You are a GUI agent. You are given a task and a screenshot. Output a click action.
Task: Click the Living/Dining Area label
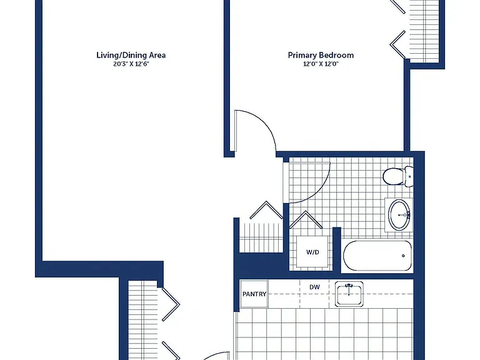[131, 56]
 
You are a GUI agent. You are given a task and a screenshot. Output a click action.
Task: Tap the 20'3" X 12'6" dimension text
[131, 64]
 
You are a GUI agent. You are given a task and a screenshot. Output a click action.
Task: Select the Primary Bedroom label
[321, 56]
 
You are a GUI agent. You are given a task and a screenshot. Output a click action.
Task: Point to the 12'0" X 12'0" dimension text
[321, 64]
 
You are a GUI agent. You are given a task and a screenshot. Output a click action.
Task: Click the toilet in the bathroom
[398, 176]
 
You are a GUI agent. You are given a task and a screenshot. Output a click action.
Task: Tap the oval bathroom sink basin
[399, 215]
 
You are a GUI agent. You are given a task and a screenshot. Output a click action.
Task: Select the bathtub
[377, 256]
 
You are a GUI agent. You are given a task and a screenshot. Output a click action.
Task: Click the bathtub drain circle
[403, 256]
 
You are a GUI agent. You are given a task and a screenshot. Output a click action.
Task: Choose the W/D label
[312, 252]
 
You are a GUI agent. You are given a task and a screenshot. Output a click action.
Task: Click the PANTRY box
[254, 294]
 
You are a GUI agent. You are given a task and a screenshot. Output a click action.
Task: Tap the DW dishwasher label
[314, 287]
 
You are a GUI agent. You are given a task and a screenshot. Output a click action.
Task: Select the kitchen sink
[349, 294]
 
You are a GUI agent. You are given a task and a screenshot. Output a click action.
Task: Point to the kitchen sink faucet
[349, 288]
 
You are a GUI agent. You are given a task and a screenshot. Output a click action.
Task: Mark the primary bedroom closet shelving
[424, 31]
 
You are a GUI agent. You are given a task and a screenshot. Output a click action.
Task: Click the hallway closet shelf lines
[260, 237]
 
